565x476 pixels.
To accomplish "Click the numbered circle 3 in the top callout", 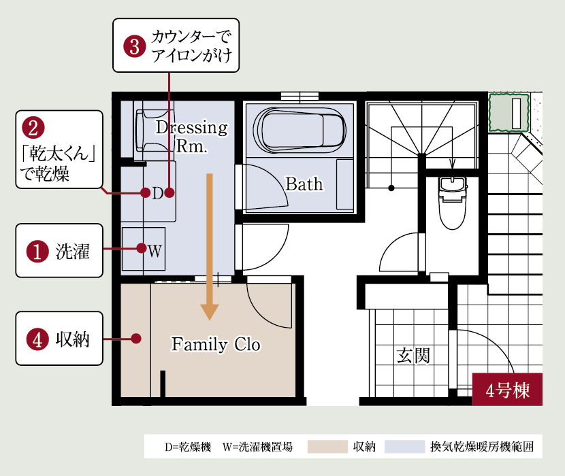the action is click(135, 46).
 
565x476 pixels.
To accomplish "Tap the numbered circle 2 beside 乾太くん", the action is click(33, 128).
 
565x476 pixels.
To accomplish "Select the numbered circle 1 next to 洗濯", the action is click(37, 251).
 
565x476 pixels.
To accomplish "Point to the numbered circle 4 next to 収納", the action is click(37, 339).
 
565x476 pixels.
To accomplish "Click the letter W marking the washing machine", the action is click(155, 251).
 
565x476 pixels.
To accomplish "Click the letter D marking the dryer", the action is click(158, 193).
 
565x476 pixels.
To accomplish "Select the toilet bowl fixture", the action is click(453, 203).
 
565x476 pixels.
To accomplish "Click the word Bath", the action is click(304, 184).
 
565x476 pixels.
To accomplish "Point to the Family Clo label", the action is click(216, 344).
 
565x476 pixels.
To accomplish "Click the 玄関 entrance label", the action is click(413, 356).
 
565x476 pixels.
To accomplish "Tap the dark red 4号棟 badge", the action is click(507, 389).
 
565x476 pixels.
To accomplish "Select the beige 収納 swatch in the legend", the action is click(327, 447).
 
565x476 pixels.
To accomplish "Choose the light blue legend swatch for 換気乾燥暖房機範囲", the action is click(404, 447).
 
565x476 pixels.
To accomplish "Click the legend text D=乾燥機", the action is click(188, 447).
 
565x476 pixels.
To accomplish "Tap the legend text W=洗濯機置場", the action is click(257, 447).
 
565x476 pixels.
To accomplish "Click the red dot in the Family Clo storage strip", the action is click(136, 339).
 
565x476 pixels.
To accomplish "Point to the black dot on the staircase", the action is click(391, 188).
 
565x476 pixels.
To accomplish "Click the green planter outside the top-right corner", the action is click(508, 113).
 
